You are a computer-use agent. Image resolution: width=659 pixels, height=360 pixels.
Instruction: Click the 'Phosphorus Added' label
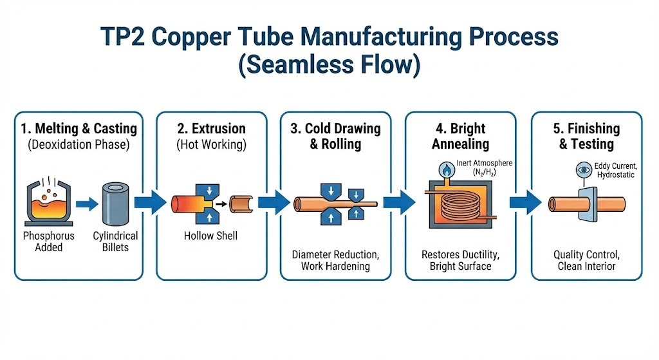[x=48, y=242]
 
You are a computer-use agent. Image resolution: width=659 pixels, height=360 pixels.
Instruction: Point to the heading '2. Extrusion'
[x=210, y=128]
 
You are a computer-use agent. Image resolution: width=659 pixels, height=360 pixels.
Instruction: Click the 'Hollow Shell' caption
[x=210, y=236]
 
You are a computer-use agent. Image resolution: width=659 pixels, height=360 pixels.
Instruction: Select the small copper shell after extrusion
[x=241, y=204]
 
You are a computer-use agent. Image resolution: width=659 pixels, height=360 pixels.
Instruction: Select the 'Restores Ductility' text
[x=460, y=254]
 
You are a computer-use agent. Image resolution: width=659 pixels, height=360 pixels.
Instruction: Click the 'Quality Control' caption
[x=585, y=254]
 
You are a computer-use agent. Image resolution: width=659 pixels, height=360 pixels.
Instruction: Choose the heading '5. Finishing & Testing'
[x=586, y=135]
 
